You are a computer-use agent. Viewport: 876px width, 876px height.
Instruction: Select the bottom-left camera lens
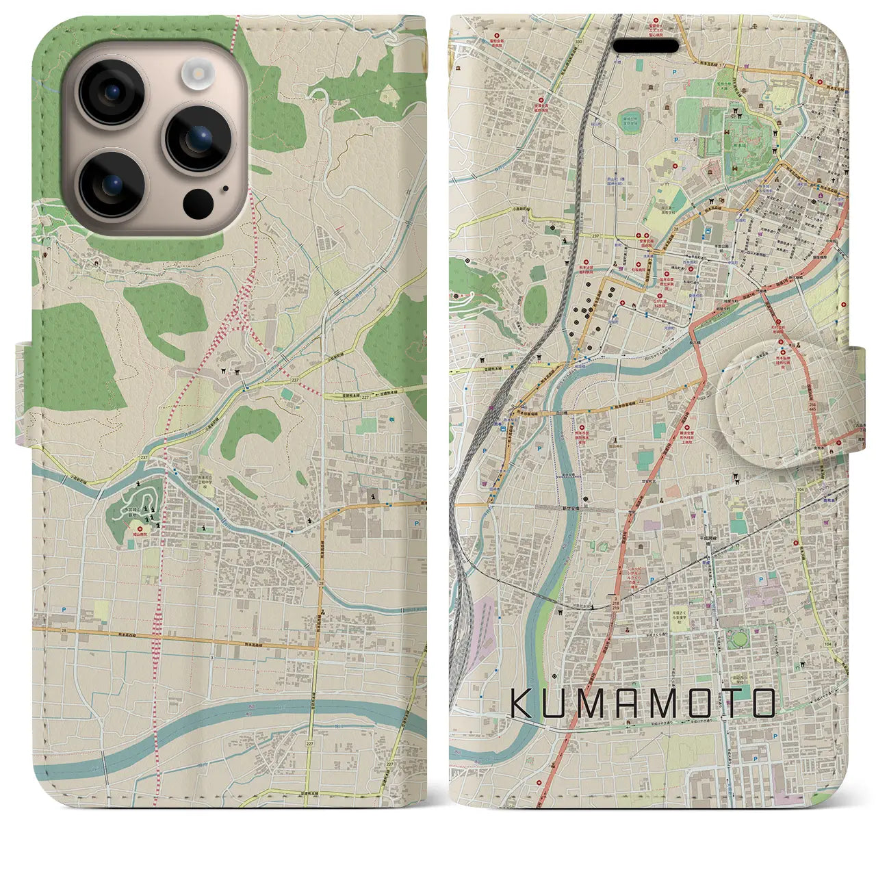pyautogui.click(x=112, y=183)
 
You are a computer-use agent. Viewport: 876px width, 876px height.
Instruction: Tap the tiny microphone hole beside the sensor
pyautogui.click(x=225, y=186)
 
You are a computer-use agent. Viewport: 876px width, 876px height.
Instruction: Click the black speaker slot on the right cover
pyautogui.click(x=645, y=46)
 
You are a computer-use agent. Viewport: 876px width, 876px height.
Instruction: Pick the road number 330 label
pyautogui.click(x=561, y=42)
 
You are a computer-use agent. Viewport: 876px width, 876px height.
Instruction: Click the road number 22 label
pyautogui.click(x=641, y=402)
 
